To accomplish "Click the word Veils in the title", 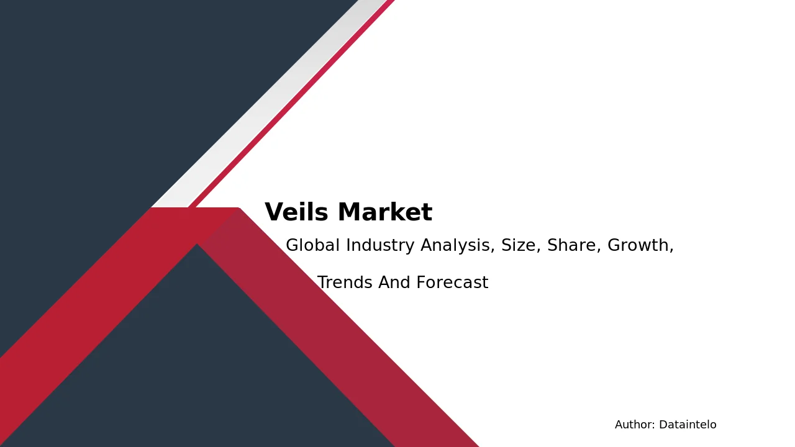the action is (296, 212).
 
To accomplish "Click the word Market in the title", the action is (385, 212).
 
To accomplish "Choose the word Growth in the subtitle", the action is (638, 245).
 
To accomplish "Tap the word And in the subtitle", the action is (394, 282).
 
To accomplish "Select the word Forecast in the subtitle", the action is (453, 282).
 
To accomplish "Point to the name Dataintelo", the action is (688, 425).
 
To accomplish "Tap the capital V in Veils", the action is (276, 212).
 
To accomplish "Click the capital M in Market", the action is (350, 212).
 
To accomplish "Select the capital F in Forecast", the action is (421, 282).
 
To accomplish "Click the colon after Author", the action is (654, 426).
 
